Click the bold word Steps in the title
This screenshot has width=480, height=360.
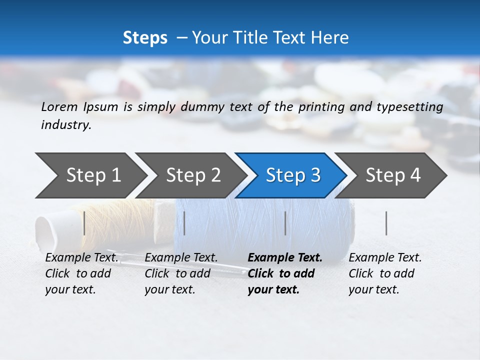click(x=145, y=38)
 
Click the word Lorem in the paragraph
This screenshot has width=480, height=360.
click(x=60, y=106)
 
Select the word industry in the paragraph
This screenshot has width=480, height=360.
click(x=65, y=125)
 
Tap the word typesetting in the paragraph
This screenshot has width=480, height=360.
click(x=408, y=107)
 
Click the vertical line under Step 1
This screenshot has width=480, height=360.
click(x=84, y=223)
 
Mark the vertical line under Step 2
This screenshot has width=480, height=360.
click(x=184, y=223)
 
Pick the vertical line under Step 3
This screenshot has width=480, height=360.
click(x=285, y=223)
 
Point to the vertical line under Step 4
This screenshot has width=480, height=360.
click(x=386, y=223)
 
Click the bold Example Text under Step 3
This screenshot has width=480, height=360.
click(x=285, y=257)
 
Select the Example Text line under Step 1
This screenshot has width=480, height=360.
click(x=82, y=257)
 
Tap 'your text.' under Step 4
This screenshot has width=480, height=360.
click(x=373, y=289)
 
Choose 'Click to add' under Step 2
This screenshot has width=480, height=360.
click(x=177, y=273)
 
